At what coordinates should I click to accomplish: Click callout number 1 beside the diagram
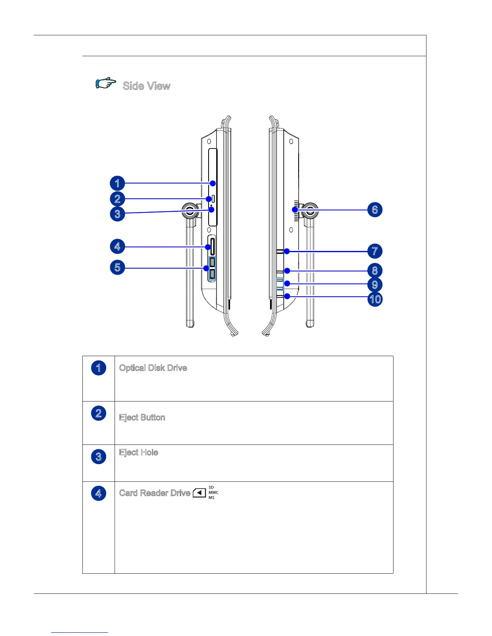[117, 183]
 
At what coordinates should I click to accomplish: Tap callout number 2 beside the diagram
[117, 199]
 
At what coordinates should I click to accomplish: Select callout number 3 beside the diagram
[117, 214]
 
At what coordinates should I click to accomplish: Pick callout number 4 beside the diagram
[117, 246]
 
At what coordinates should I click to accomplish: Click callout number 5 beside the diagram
[117, 267]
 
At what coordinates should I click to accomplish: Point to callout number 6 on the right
[375, 210]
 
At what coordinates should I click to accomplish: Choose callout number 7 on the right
[375, 251]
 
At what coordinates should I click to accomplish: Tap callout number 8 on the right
[375, 271]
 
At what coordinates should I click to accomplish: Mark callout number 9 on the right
[375, 285]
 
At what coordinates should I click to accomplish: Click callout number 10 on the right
[375, 299]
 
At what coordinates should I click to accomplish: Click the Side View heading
[146, 86]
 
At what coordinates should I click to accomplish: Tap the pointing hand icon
[106, 84]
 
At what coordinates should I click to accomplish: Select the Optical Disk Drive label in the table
[153, 368]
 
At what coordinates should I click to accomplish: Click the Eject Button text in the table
[142, 418]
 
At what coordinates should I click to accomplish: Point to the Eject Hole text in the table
[138, 453]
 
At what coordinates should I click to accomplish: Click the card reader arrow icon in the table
[199, 493]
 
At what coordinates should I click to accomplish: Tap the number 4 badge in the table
[98, 493]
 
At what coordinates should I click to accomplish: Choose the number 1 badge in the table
[98, 368]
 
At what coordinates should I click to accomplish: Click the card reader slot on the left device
[211, 247]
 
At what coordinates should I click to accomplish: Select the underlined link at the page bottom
[80, 632]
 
